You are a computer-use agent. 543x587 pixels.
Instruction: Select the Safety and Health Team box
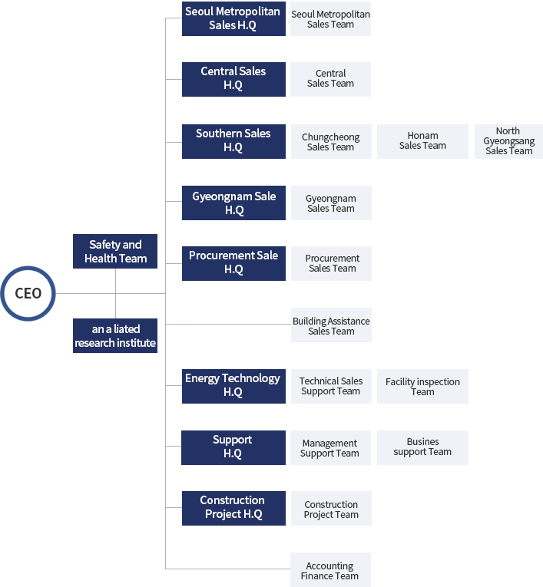[x=115, y=251]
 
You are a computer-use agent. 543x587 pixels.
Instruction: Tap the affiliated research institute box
[x=115, y=335]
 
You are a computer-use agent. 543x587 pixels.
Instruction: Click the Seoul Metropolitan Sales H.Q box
[x=233, y=18]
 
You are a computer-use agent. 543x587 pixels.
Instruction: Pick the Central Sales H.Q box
[x=233, y=79]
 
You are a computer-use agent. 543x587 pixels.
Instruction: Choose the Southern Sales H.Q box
[x=233, y=141]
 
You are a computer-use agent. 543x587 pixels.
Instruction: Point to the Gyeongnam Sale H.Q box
[x=233, y=203]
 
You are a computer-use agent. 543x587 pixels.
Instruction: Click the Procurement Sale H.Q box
[x=233, y=263]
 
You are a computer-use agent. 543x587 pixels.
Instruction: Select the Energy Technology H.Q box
[x=233, y=386]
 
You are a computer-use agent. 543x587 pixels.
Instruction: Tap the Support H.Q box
[x=233, y=447]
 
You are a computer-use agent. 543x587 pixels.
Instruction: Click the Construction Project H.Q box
[x=233, y=508]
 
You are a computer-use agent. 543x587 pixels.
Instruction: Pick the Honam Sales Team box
[x=422, y=141]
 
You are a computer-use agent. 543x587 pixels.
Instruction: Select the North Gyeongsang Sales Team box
[x=508, y=141]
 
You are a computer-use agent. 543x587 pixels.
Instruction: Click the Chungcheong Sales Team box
[x=331, y=141]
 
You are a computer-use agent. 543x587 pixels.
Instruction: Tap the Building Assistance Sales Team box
[x=331, y=325]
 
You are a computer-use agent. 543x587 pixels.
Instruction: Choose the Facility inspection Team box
[x=422, y=386]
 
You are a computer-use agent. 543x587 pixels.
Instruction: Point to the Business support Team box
[x=422, y=447]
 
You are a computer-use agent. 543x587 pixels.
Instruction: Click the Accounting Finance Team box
[x=330, y=569]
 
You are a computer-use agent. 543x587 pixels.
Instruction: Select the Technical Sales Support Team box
[x=331, y=386]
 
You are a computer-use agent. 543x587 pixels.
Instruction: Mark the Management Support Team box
[x=330, y=447]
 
